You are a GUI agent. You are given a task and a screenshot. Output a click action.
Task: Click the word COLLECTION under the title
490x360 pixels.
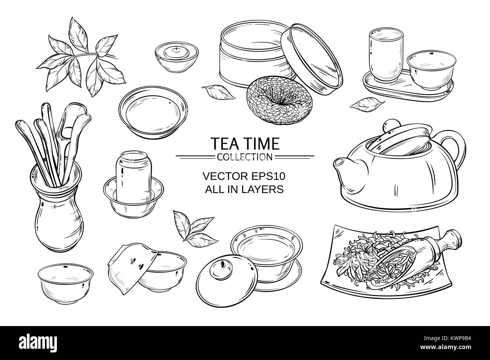pos(245,156)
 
